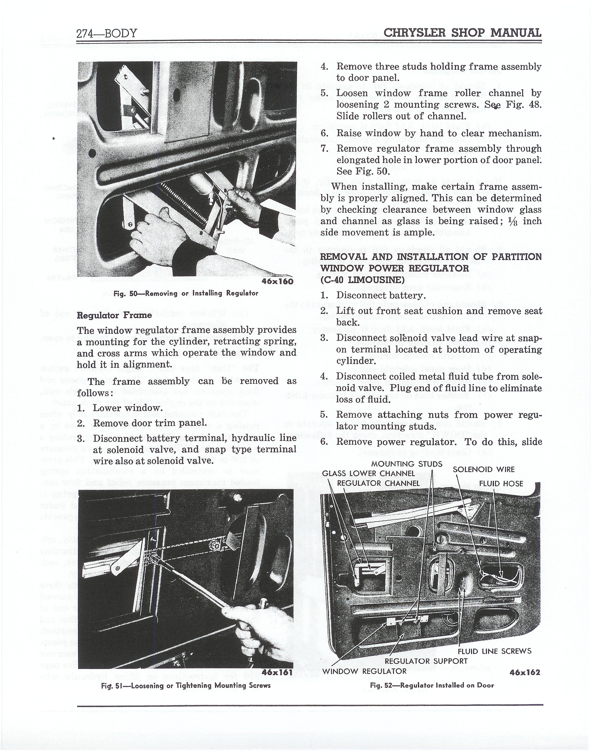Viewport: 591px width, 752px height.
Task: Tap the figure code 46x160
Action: click(x=277, y=281)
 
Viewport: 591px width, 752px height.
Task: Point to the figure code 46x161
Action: click(x=277, y=672)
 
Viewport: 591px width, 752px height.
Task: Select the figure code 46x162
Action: click(x=524, y=672)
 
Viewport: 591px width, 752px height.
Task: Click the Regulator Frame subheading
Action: click(x=114, y=315)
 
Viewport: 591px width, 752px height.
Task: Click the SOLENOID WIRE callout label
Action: click(x=484, y=470)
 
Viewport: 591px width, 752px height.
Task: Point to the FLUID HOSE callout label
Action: click(x=501, y=484)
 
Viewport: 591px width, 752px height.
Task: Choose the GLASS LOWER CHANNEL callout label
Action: click(x=368, y=473)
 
